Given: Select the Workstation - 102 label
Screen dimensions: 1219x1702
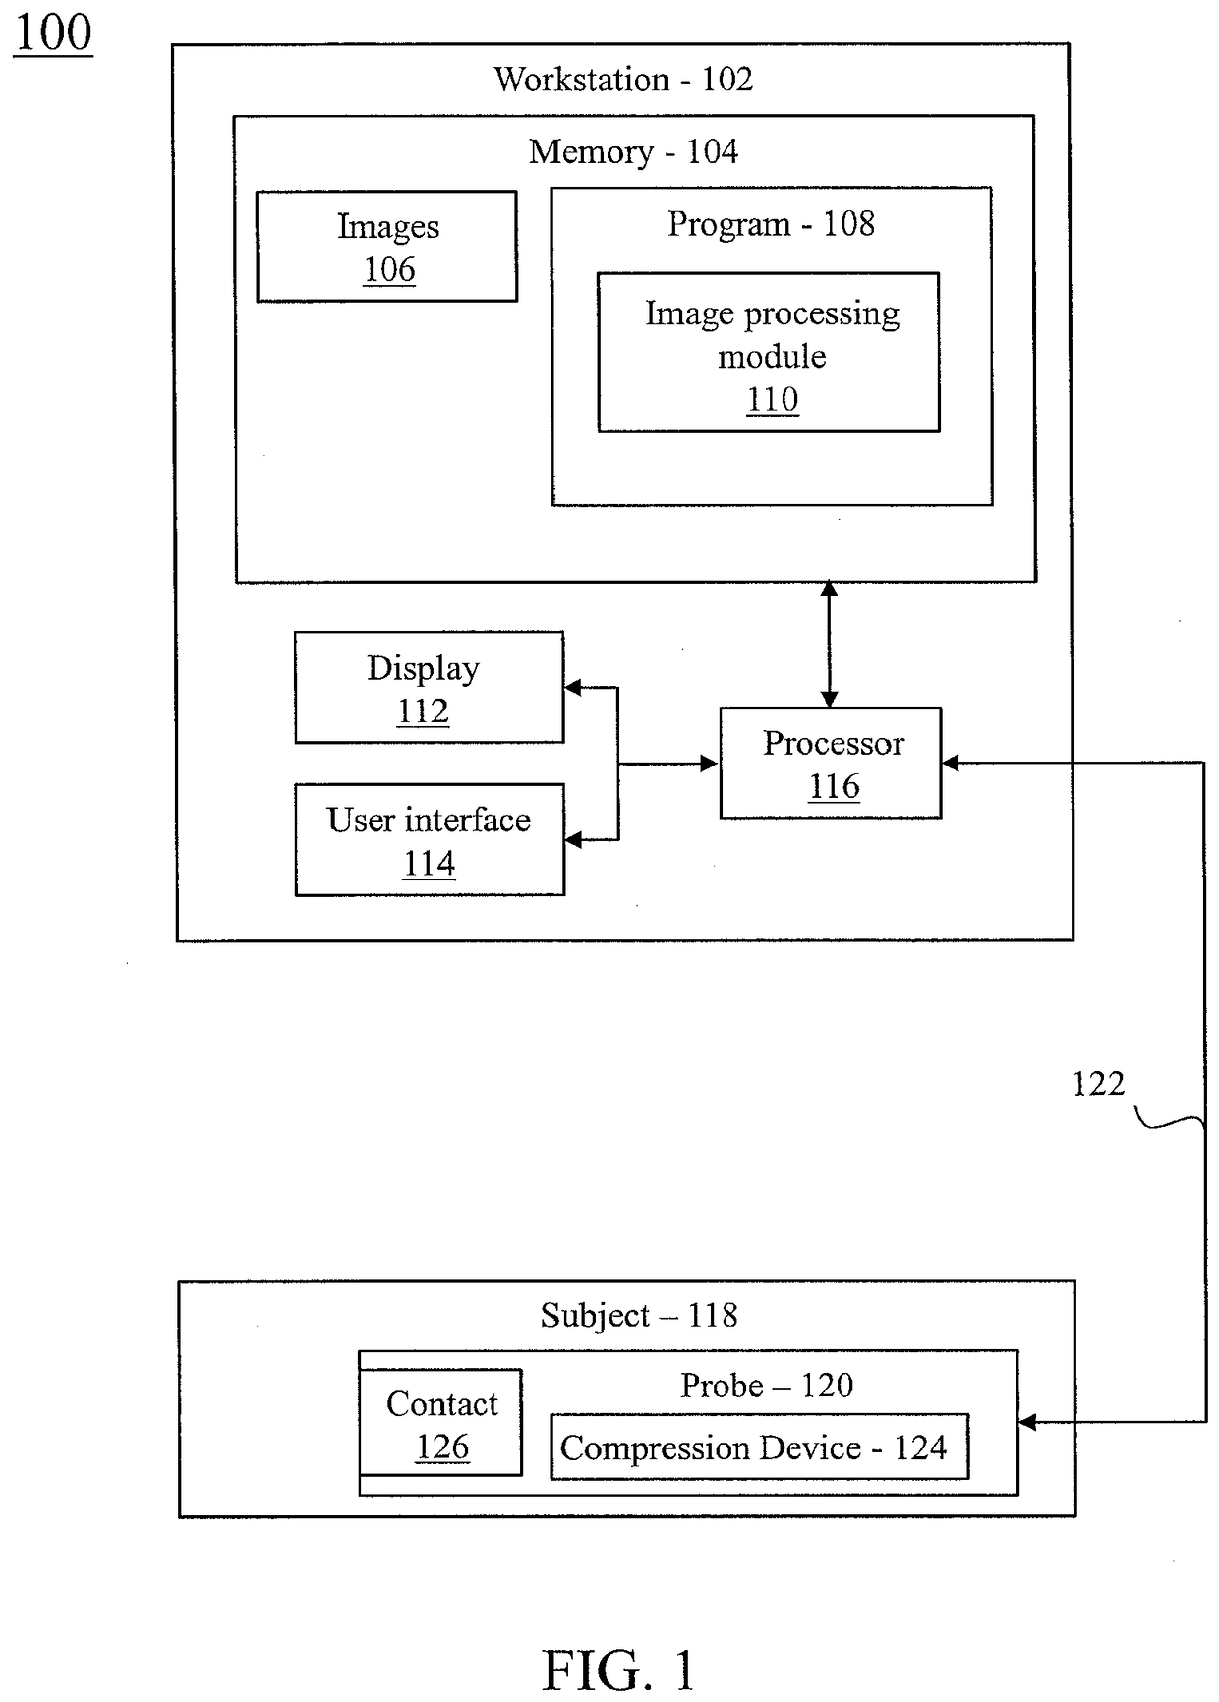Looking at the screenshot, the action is click(x=623, y=79).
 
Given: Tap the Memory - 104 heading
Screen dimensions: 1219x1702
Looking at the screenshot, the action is click(x=633, y=151).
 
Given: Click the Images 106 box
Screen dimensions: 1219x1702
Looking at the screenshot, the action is click(x=387, y=246).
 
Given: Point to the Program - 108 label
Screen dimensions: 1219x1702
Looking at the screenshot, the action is click(x=771, y=224).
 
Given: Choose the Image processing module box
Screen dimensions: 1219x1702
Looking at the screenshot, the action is click(x=769, y=352).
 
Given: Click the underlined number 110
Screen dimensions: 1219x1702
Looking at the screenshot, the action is click(x=773, y=400).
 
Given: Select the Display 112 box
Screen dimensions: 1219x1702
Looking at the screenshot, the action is click(x=430, y=687).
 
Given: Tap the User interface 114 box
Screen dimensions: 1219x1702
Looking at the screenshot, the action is click(x=430, y=839).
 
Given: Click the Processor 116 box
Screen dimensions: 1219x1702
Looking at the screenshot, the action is click(x=831, y=763).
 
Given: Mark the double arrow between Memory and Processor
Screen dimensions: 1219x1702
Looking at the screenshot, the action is click(x=830, y=644).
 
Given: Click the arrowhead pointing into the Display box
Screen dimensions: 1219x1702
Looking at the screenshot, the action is click(x=573, y=688).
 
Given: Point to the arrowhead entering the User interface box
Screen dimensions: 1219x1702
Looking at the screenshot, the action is click(x=573, y=839).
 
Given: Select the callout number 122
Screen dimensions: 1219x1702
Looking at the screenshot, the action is click(x=1098, y=1083).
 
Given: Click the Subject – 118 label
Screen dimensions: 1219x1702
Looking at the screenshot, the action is click(x=639, y=1315).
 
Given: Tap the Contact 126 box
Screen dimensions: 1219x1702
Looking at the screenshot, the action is click(x=440, y=1422).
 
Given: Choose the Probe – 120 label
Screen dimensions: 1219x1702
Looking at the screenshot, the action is click(x=767, y=1386).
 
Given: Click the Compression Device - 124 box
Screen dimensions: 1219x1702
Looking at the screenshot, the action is click(x=759, y=1447).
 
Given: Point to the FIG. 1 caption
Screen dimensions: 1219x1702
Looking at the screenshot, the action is click(x=618, y=1670).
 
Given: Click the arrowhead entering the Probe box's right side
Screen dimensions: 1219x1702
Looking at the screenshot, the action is click(x=1027, y=1422).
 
